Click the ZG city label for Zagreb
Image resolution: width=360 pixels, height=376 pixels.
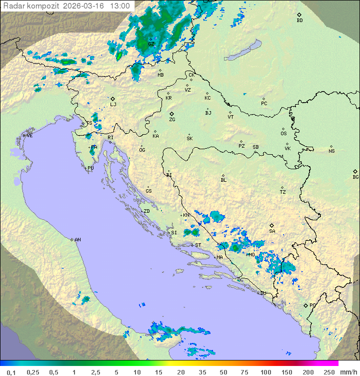click(x=172, y=120)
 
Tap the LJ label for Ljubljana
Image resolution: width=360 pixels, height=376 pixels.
click(x=113, y=105)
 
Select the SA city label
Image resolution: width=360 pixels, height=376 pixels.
click(x=272, y=231)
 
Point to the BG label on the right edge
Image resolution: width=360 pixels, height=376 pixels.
click(x=355, y=177)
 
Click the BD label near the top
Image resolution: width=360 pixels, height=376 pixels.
click(x=299, y=21)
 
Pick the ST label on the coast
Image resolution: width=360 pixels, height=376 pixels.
click(x=198, y=245)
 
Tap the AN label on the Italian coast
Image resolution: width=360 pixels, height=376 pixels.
click(x=77, y=240)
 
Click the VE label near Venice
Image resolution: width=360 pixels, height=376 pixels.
click(x=29, y=136)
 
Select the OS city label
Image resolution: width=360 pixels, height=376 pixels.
click(x=283, y=134)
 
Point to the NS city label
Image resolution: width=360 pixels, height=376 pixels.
click(x=331, y=151)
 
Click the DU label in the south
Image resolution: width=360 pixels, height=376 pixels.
click(x=262, y=293)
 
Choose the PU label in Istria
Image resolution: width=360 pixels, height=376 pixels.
click(x=90, y=168)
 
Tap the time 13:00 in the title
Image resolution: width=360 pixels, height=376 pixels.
click(x=120, y=6)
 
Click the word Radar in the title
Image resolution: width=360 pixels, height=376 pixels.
click(x=13, y=6)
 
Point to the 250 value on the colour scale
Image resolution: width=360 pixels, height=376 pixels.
click(x=329, y=372)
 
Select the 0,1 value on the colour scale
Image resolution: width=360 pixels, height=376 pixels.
click(x=11, y=372)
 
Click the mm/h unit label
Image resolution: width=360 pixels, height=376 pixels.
click(x=348, y=372)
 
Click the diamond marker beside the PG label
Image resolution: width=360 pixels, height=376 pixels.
click(x=305, y=305)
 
